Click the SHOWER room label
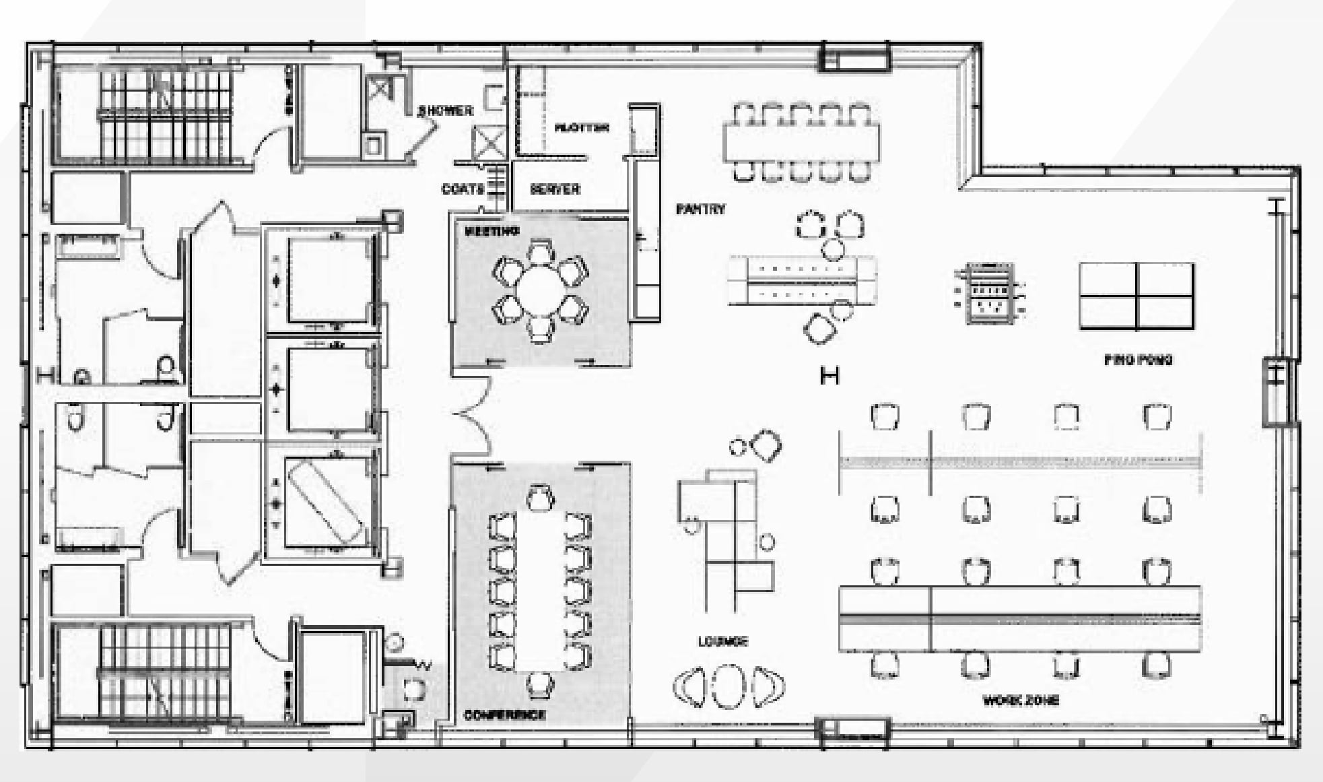pos(445,110)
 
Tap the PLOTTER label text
pos(582,127)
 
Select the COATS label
pos(463,189)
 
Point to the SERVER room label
pos(555,189)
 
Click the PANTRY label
pos(700,209)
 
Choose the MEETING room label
pos(492,232)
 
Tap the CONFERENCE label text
pos(504,715)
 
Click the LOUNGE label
pos(722,641)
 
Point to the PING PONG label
pos(1138,360)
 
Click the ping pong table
pos(1137,296)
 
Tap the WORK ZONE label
pos(1021,700)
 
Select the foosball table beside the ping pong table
pos(990,294)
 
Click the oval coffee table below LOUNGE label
pos(728,686)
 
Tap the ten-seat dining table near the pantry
pos(801,141)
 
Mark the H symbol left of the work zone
pos(829,375)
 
